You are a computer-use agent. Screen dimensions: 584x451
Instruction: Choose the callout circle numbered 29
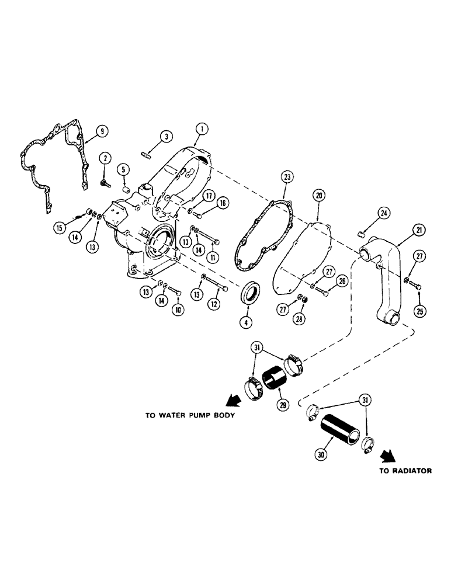click(283, 404)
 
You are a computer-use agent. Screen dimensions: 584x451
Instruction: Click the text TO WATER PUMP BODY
click(190, 416)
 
